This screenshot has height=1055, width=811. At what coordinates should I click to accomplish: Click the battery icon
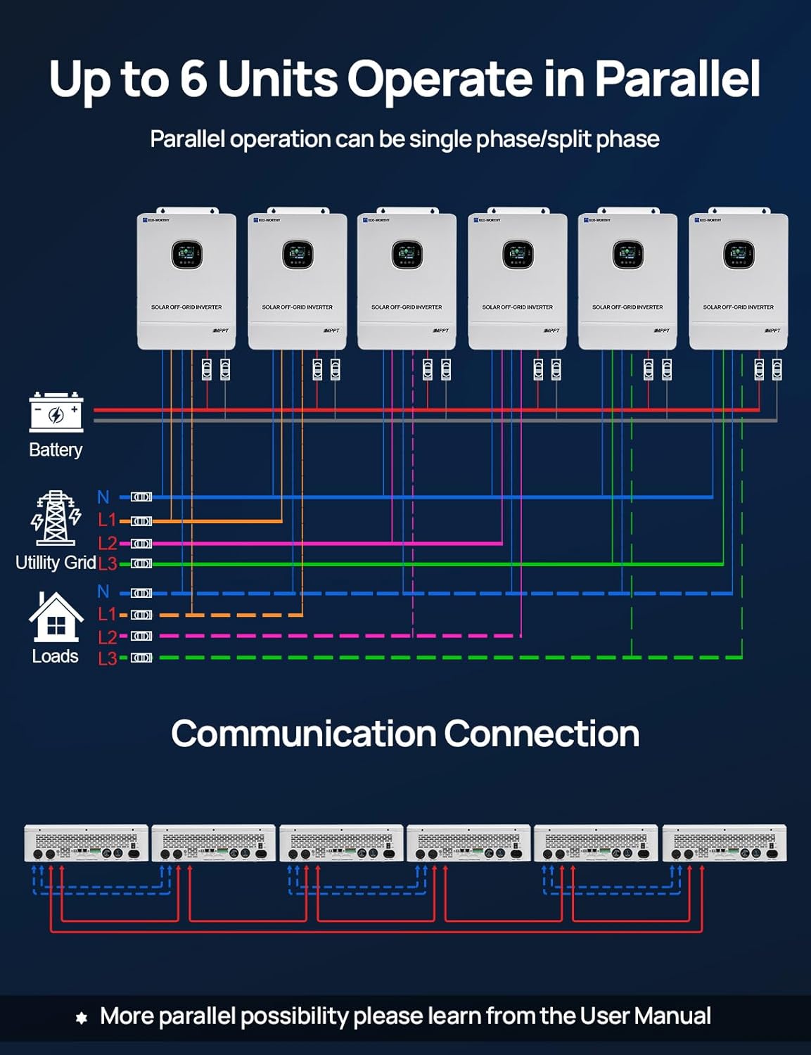click(56, 412)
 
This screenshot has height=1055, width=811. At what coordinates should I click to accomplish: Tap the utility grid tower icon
click(56, 518)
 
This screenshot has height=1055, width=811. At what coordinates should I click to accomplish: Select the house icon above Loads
click(56, 617)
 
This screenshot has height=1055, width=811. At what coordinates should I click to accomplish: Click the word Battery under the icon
click(56, 450)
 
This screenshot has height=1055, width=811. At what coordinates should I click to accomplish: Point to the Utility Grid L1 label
click(107, 520)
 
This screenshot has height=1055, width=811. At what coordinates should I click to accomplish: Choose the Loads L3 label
click(107, 658)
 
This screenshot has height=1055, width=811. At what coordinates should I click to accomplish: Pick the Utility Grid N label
click(103, 497)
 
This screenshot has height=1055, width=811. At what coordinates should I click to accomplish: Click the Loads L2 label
click(107, 637)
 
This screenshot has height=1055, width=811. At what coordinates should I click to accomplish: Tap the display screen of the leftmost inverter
click(186, 254)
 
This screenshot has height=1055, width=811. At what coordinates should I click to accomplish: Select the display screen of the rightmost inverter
click(739, 254)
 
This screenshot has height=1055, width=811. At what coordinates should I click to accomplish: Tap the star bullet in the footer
click(82, 1018)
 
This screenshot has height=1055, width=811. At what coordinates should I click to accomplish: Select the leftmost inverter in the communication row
click(87, 843)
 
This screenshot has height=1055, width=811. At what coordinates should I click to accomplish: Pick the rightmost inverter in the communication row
click(724, 843)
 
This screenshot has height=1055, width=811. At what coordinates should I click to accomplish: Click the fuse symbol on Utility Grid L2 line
click(141, 543)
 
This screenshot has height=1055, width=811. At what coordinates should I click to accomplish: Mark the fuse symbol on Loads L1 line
click(141, 615)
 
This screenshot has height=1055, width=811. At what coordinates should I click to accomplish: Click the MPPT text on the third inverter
click(440, 331)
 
